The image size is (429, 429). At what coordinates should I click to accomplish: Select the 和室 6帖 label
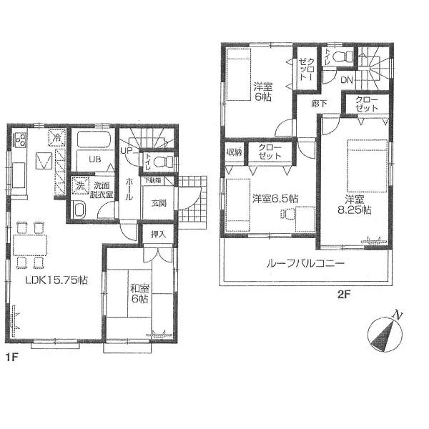pos(139,294)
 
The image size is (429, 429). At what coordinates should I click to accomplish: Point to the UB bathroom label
pos(94,159)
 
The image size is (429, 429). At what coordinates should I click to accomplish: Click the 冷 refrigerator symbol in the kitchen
pos(55,137)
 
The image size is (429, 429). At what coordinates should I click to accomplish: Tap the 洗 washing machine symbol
pos(80,185)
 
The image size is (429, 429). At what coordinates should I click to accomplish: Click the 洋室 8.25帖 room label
pos(357,204)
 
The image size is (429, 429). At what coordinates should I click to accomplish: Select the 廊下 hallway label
pos(318,103)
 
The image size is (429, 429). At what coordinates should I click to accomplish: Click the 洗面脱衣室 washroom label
pos(100,189)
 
